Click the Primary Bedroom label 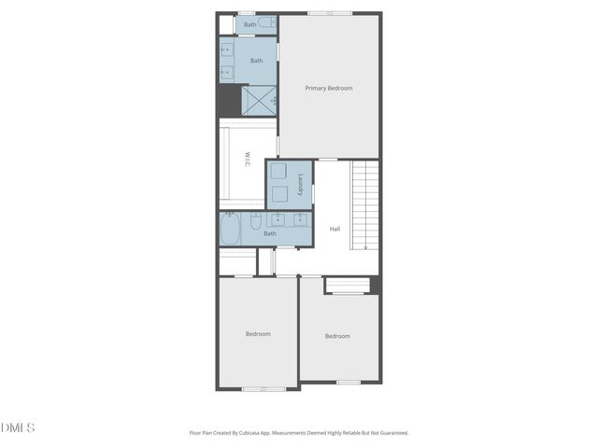329,88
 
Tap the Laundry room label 300,184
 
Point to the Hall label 335,229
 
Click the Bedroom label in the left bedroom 258,333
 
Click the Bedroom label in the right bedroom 337,336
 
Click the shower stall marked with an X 259,100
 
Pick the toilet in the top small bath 265,21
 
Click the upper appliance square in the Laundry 278,172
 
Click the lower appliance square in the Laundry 278,195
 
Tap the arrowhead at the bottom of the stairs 365,246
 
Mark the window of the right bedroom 349,382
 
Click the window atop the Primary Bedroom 330,13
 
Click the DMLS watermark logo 18,427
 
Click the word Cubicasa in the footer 263,433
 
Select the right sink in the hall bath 300,219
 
